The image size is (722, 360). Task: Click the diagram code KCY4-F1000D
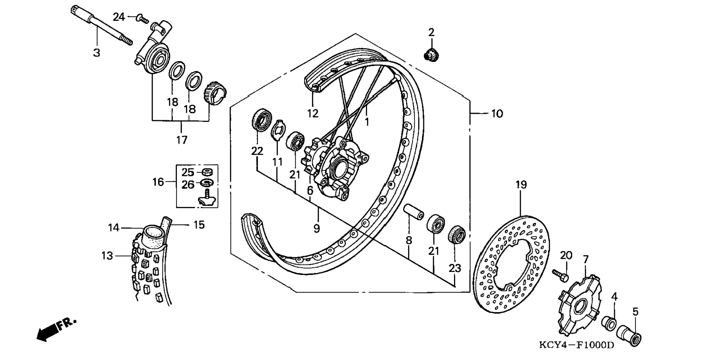tap(576, 345)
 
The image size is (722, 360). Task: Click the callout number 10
tap(497, 114)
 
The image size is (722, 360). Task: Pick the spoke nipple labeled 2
tap(432, 55)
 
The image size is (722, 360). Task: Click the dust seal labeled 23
tap(456, 235)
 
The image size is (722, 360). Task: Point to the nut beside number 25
tap(206, 172)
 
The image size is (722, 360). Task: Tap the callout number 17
tap(182, 140)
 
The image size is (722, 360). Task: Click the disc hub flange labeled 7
tap(579, 304)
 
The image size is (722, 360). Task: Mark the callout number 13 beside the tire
tap(107, 256)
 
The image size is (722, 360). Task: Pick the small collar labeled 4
tap(609, 323)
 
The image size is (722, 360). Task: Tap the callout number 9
tap(317, 228)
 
